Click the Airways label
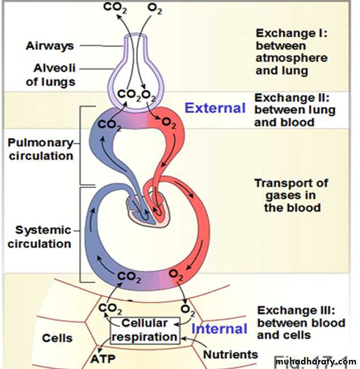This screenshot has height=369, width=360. (x=49, y=45)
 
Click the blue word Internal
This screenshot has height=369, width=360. (x=219, y=329)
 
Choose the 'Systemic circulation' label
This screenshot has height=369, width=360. (x=43, y=237)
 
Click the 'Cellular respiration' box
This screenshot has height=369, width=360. (x=145, y=329)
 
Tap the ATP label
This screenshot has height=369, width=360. (x=102, y=359)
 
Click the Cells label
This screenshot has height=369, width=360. (x=57, y=338)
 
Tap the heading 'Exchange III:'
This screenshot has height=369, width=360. (x=296, y=311)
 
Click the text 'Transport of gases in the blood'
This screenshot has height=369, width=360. (x=291, y=195)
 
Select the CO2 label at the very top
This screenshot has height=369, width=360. (x=115, y=8)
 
